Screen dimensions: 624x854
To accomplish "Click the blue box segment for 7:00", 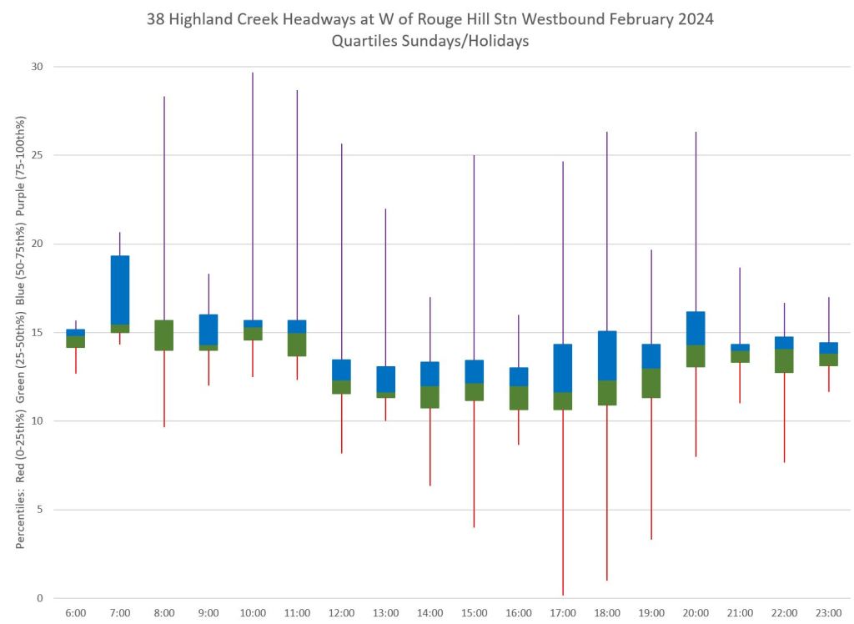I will coord(120,289).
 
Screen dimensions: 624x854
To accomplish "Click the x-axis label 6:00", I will coord(75,613).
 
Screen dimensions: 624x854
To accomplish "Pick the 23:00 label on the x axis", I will coord(828,613).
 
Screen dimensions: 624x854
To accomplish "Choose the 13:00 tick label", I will coord(385,613).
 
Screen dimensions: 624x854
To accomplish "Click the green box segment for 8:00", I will coord(164,335).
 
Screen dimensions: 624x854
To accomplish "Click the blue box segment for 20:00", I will coord(696,328).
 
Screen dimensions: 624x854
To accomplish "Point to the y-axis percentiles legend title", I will coord(20,333).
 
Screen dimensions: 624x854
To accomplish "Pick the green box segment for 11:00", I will coord(297,345).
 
